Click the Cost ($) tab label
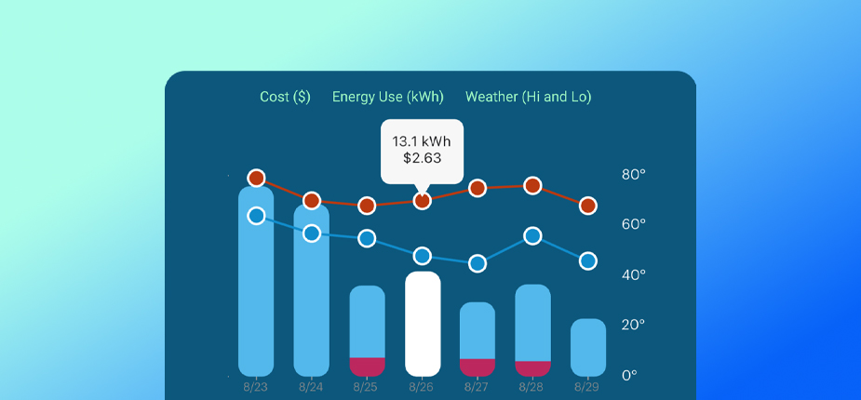tap(285, 97)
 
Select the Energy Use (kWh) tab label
tap(388, 97)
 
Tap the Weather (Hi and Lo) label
tap(528, 97)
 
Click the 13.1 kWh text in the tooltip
tap(422, 141)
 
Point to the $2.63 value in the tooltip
tap(422, 158)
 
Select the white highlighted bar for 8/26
tap(423, 324)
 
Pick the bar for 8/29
tap(588, 347)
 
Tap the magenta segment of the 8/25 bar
tap(367, 366)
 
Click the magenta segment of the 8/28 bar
tap(532, 367)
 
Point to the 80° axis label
tap(633, 174)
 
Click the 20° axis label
tap(633, 325)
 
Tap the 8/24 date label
tap(311, 386)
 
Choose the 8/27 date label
tap(477, 386)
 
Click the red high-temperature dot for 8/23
tap(257, 178)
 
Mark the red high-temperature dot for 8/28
tap(532, 185)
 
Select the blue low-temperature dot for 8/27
tap(478, 263)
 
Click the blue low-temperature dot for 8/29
tap(588, 261)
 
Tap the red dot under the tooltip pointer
tap(423, 200)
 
